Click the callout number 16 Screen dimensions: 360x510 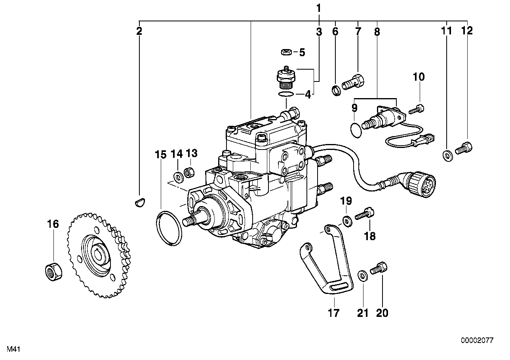[53, 224]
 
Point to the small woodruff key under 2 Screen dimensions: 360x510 [139, 203]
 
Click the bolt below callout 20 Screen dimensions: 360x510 [379, 269]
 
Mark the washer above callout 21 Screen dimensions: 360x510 [362, 276]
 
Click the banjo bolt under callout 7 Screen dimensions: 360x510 [353, 82]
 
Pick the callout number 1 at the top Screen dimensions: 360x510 [319, 8]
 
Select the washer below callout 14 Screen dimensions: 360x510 [178, 175]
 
